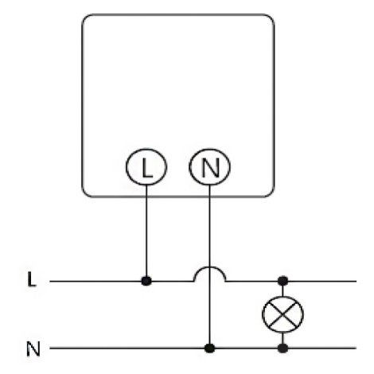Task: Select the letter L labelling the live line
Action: click(31, 279)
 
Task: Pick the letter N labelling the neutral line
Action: click(33, 349)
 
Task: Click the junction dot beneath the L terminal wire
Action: click(146, 281)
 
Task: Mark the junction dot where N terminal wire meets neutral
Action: click(209, 348)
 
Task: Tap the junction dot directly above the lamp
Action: click(282, 281)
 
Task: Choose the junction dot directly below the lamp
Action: click(282, 348)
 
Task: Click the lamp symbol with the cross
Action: click(282, 314)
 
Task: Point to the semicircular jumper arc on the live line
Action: click(209, 267)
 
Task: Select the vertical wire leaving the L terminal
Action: click(146, 231)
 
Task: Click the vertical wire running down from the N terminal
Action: click(209, 264)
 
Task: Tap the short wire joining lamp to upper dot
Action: click(282, 291)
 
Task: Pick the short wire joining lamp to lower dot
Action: click(282, 337)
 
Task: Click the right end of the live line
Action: click(356, 281)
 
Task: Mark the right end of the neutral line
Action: click(356, 348)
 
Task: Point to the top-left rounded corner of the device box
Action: click(85, 18)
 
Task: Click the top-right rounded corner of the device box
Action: click(271, 18)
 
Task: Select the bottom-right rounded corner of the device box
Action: click(271, 194)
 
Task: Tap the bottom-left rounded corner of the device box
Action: click(85, 194)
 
